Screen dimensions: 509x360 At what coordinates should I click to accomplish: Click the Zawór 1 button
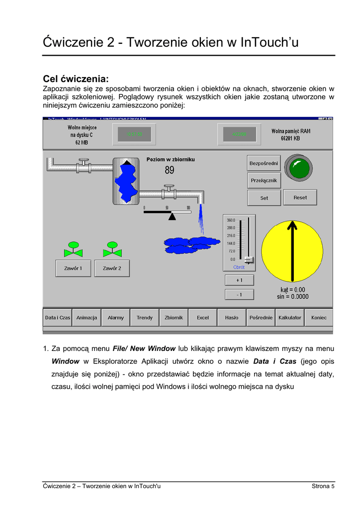(73, 268)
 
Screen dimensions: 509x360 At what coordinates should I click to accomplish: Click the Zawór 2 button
(112, 268)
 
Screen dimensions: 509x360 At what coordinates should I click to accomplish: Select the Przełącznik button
(264, 180)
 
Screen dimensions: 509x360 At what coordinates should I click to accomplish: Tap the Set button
(264, 198)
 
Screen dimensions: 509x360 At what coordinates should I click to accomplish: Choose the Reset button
(300, 197)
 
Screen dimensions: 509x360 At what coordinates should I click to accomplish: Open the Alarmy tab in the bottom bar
(116, 318)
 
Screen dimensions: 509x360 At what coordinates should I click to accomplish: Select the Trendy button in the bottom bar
(145, 318)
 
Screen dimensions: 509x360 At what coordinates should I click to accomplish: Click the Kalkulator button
(290, 318)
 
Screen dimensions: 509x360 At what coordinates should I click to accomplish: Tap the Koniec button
(319, 318)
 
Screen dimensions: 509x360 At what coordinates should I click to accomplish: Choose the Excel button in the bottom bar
(203, 318)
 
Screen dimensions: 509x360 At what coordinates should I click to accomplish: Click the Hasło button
(232, 318)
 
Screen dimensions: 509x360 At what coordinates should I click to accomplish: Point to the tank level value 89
(170, 170)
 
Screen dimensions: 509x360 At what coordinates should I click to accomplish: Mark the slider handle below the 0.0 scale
(249, 260)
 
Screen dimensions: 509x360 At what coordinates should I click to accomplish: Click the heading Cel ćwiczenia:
(76, 79)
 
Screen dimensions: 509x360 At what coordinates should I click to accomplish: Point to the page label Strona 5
(323, 486)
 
